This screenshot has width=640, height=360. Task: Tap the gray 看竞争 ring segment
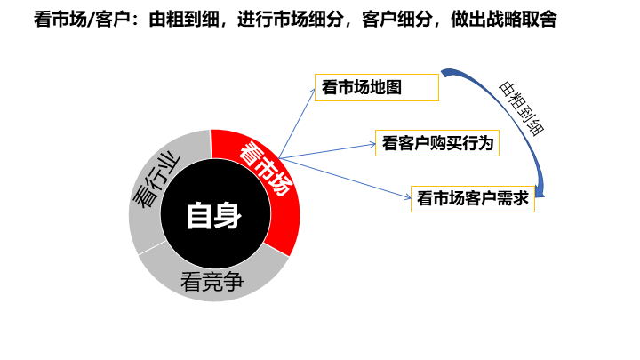click(x=213, y=283)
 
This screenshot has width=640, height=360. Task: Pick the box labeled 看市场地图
click(x=377, y=88)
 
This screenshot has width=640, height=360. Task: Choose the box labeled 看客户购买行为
click(x=436, y=142)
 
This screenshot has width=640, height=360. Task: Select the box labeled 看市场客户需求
click(x=472, y=198)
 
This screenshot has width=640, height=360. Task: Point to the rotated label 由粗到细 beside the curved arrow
click(x=522, y=107)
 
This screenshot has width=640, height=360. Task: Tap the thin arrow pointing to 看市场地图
click(x=298, y=120)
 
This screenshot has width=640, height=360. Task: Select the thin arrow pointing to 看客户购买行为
click(x=329, y=150)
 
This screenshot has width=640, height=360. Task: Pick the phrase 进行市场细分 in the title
click(x=289, y=19)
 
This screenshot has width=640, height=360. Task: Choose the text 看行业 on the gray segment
click(x=156, y=181)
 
